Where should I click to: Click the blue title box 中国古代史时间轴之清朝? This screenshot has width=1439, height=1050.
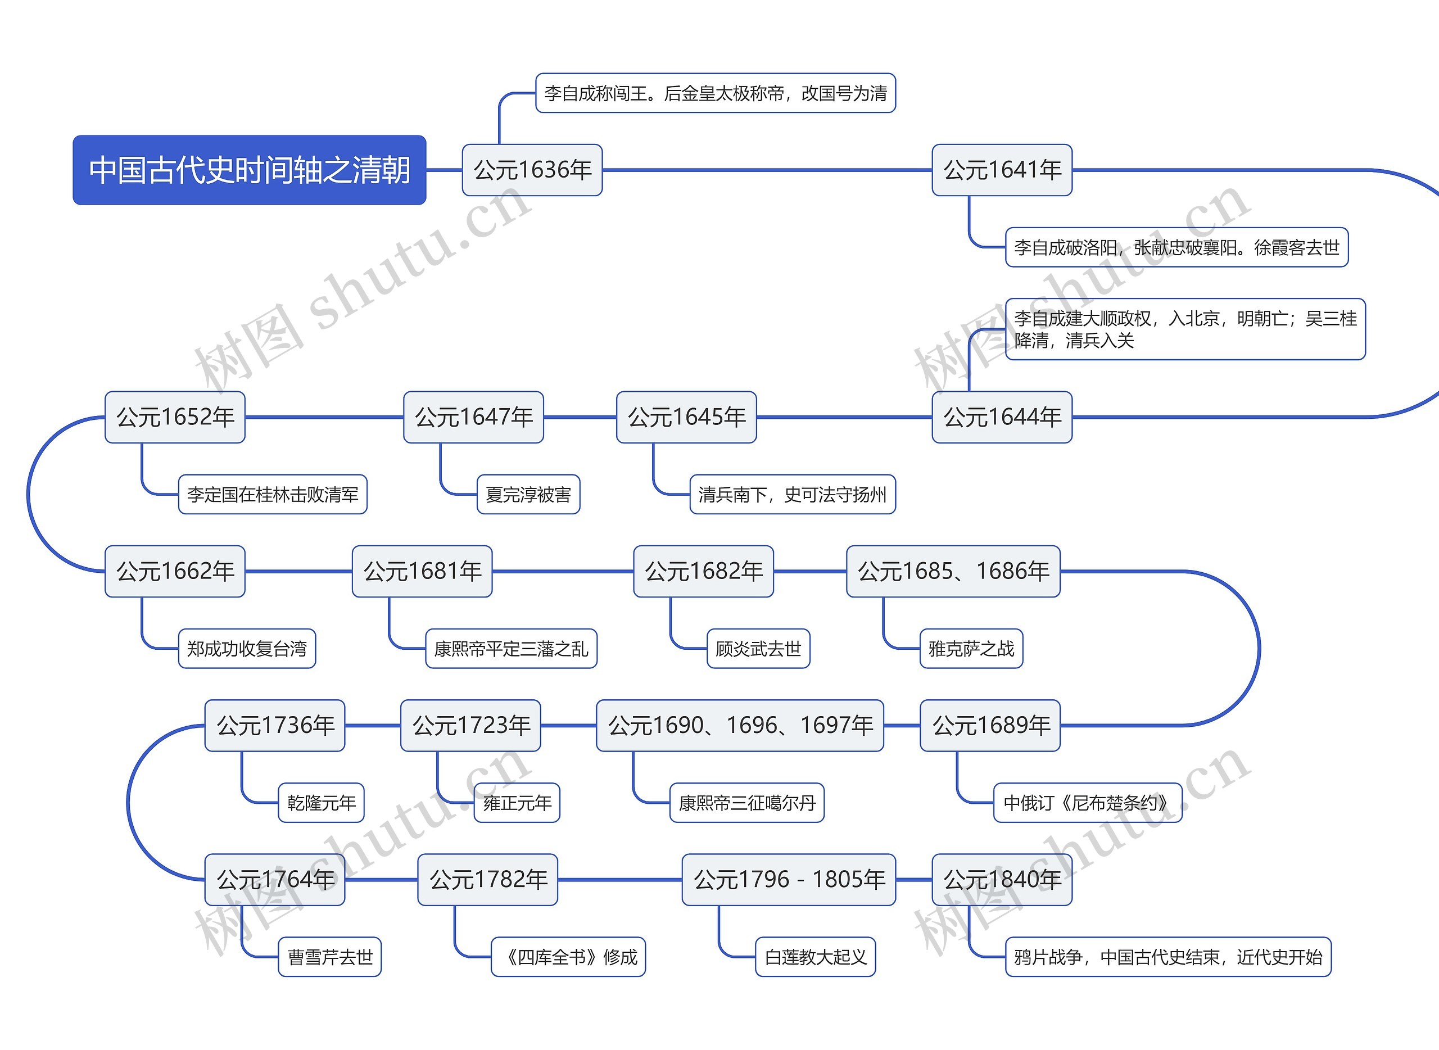point(249,170)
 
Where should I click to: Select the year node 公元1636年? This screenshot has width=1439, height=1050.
point(532,170)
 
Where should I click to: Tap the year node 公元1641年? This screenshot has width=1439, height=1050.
point(1002,170)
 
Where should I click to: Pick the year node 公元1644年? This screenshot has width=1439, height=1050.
point(1002,417)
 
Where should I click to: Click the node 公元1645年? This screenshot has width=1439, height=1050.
point(686,417)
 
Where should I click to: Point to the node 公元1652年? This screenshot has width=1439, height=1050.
point(175,417)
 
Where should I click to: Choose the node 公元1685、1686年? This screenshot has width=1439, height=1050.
point(953,571)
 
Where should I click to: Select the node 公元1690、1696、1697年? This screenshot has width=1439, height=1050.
point(740,725)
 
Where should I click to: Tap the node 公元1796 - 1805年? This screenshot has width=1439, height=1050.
point(789,879)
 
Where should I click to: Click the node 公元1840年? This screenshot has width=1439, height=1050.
point(1002,879)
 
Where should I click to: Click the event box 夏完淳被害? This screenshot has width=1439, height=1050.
point(528,494)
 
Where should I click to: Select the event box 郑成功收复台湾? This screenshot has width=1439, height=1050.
point(247,648)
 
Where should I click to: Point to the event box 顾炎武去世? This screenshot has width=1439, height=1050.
point(758,648)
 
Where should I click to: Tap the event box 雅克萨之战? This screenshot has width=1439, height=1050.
point(971,648)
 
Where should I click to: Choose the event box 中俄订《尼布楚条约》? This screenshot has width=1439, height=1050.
point(1088,803)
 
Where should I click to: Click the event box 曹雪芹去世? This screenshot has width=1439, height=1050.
point(329,957)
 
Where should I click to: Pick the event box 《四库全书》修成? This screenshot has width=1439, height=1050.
point(568,957)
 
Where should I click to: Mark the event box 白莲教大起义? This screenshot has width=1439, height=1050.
point(816,957)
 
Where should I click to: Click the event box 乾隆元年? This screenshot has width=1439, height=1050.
point(321,803)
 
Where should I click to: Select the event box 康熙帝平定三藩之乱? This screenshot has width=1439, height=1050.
point(511,648)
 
